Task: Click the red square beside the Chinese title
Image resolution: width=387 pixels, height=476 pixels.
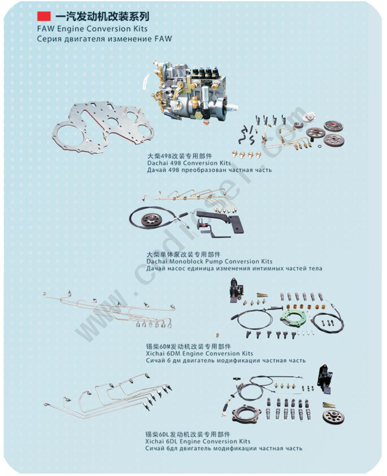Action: tap(44, 16)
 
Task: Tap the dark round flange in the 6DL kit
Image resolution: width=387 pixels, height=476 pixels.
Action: tap(247, 413)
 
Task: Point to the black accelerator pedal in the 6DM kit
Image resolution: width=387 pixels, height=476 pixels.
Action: tap(236, 290)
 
